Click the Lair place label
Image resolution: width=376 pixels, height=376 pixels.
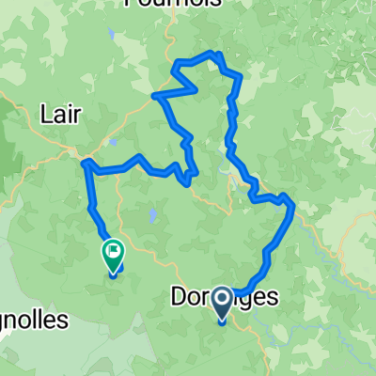tap(63, 114)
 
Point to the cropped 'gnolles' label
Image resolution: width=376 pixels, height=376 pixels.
tap(32, 320)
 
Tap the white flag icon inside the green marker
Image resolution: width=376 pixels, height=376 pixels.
tap(112, 250)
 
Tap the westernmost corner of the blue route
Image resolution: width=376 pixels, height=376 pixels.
tap(85, 164)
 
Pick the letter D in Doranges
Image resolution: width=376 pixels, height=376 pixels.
tap(179, 298)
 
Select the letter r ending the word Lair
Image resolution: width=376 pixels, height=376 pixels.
tap(80, 114)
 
